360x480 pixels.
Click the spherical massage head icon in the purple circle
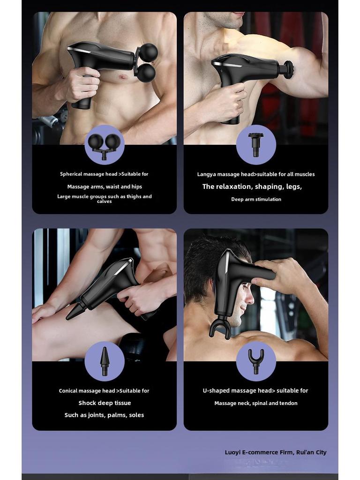click(104, 144)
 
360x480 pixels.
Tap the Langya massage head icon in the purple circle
click(255, 144)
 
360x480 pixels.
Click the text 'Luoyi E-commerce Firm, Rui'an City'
click(276, 452)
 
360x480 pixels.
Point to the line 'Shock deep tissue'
click(105, 403)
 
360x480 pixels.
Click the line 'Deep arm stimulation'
click(256, 199)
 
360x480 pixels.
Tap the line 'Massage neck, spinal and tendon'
click(256, 403)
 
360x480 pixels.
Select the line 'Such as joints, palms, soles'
click(104, 415)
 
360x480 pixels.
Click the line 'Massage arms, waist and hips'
click(105, 187)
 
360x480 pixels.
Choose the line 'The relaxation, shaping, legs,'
click(252, 187)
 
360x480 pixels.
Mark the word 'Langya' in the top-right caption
click(207, 174)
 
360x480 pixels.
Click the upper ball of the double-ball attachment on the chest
click(149, 52)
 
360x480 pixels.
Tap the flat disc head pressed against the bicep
click(289, 70)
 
